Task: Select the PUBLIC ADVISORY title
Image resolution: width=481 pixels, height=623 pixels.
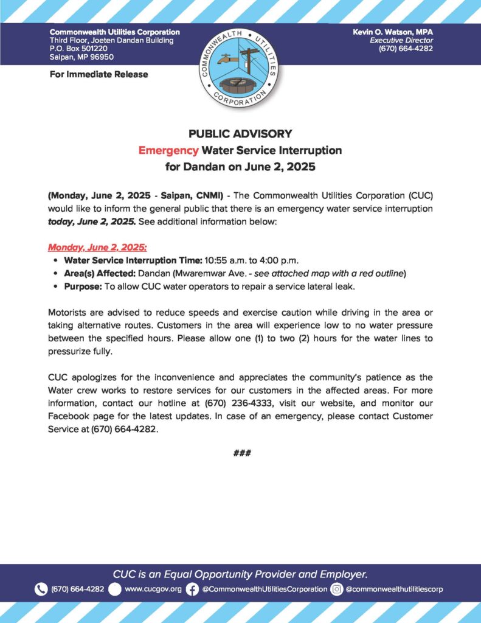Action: (240, 134)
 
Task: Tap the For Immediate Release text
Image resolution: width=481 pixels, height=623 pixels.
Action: (99, 74)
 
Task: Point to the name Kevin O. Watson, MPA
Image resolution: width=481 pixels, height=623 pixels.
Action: (392, 32)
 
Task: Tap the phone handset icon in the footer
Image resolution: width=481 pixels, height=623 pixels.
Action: (41, 589)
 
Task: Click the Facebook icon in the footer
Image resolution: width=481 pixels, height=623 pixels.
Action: (192, 589)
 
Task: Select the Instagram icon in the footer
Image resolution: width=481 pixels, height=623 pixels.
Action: (337, 589)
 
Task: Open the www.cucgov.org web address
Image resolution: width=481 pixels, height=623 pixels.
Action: (153, 589)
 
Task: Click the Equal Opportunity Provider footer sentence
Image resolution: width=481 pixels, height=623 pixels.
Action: (240, 574)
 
